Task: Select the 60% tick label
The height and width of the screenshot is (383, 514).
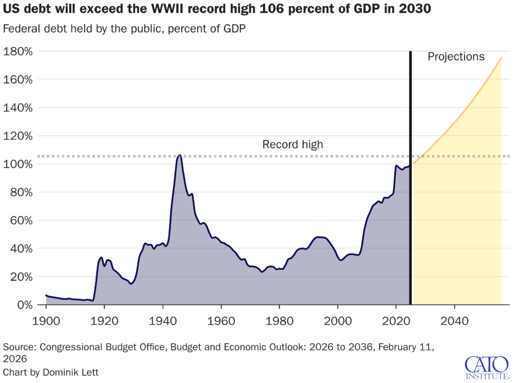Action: pos(22,220)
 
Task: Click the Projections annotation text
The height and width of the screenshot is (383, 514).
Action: pos(456,57)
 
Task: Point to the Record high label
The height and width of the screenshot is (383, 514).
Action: pos(292,145)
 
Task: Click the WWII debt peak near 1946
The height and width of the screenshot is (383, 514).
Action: pos(179,156)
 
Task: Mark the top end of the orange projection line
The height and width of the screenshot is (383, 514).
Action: pos(501,58)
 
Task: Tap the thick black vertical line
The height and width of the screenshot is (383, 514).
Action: pos(410,176)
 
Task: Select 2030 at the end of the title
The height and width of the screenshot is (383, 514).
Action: pos(415,10)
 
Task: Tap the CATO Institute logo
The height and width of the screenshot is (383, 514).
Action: pos(485,367)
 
